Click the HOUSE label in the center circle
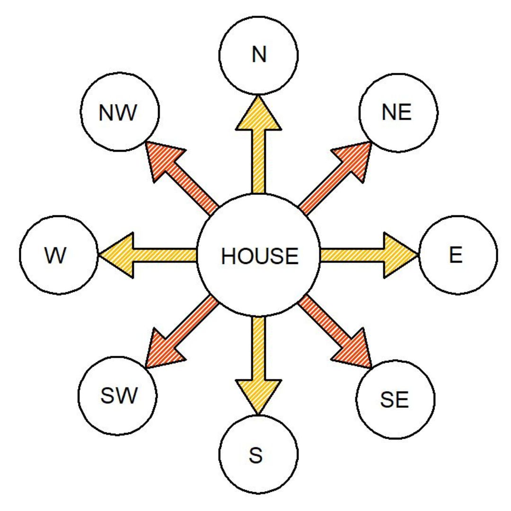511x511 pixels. [259, 256]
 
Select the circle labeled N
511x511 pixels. [259, 55]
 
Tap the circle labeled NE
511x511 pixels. [398, 113]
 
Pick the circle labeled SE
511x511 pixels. [395, 400]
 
